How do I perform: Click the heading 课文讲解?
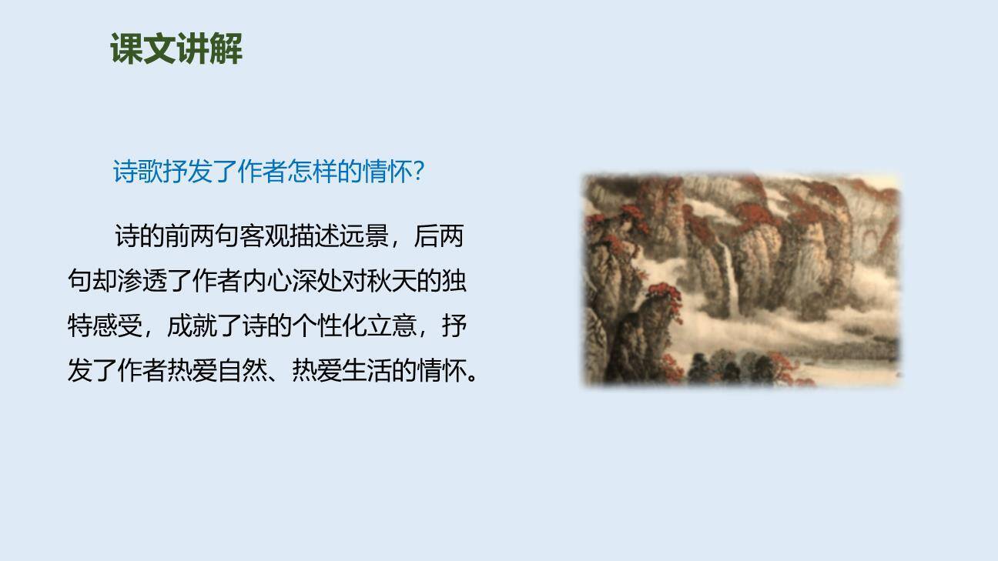[x=176, y=49]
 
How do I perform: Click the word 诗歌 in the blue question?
[x=138, y=172]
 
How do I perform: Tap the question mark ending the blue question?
[x=419, y=172]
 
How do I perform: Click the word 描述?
[x=314, y=236]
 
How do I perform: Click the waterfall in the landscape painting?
[x=728, y=277]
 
